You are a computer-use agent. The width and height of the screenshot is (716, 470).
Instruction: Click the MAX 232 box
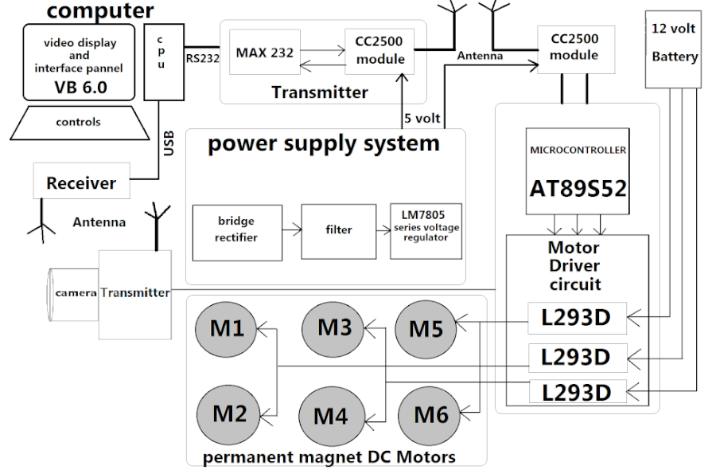pos(265,53)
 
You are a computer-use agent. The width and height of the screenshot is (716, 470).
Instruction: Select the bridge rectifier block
pos(237,230)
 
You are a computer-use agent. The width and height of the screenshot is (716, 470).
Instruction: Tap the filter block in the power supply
pos(338,230)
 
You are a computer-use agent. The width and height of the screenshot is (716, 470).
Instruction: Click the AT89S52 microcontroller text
pos(578,188)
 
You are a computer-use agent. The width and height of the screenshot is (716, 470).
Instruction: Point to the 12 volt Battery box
pos(674,49)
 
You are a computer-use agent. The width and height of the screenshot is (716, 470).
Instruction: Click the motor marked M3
pos(334,327)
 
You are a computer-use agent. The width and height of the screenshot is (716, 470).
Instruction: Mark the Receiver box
pos(80,182)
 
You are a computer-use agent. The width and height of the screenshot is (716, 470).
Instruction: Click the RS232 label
pos(203,57)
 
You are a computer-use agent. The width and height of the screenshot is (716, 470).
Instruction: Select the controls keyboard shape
pos(78,123)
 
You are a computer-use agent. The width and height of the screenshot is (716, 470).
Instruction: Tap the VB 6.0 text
pos(80,87)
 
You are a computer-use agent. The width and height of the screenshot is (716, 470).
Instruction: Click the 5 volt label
pos(422,119)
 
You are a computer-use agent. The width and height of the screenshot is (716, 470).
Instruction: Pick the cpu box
pos(161,61)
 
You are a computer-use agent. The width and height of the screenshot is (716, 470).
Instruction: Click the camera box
pos(74,292)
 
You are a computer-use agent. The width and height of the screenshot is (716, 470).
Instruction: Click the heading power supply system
pos(323,144)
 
